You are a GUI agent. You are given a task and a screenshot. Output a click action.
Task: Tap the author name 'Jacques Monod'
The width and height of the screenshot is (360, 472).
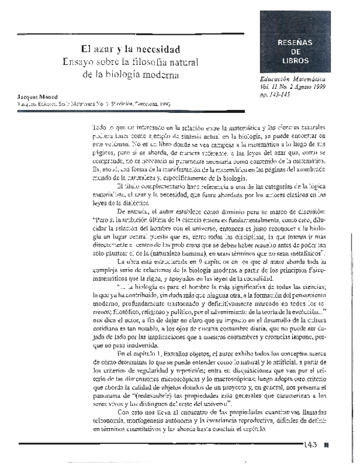pyautogui.click(x=37, y=95)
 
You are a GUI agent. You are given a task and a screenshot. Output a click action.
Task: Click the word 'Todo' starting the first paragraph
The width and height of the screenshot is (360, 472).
pyautogui.click(x=101, y=129)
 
